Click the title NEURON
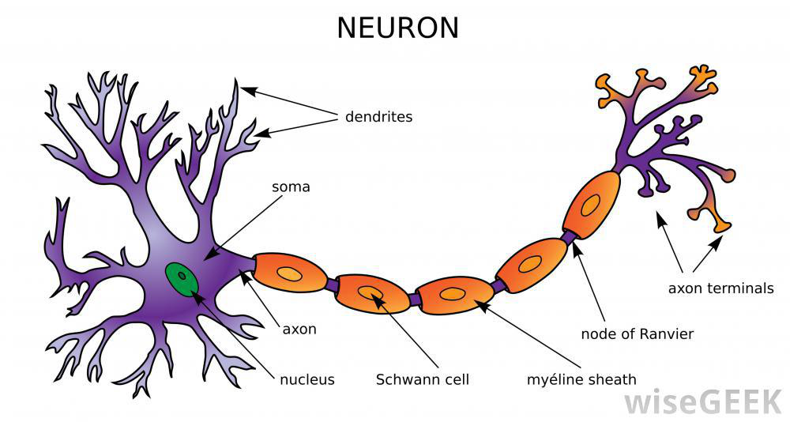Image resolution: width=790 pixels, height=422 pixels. click(x=397, y=28)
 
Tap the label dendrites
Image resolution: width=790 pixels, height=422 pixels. click(x=378, y=117)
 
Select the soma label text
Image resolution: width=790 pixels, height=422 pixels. click(x=291, y=187)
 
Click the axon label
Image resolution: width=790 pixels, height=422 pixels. click(x=299, y=329)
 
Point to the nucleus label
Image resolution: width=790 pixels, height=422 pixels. click(x=307, y=379)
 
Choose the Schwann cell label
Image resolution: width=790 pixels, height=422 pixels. click(x=422, y=379)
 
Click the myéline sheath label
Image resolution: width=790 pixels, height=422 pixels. click(x=581, y=379)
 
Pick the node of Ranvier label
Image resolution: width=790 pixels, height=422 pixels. click(x=637, y=333)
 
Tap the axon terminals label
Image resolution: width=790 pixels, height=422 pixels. click(x=720, y=288)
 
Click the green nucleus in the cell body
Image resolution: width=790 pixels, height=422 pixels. click(x=182, y=278)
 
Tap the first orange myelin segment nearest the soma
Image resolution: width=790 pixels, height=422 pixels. click(x=290, y=273)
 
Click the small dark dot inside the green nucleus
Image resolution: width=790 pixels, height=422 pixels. click(x=182, y=277)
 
